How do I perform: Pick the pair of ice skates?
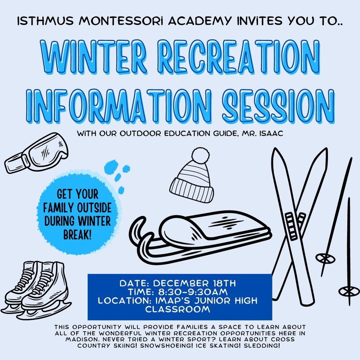[x=36, y=289]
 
